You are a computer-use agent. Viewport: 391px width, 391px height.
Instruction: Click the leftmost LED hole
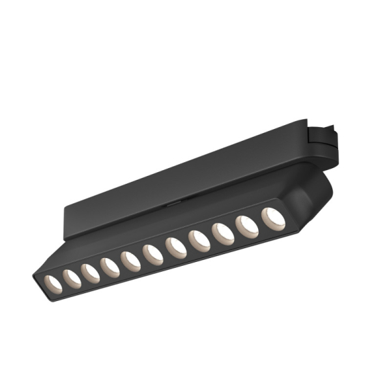pos(52,282)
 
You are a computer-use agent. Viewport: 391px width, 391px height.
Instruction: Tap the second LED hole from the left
pos(71,277)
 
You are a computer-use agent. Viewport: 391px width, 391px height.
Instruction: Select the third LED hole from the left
pos(91,272)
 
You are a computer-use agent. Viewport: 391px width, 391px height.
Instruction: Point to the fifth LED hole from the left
pos(131,260)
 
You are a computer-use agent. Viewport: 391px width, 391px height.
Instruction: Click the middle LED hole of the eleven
pos(152,254)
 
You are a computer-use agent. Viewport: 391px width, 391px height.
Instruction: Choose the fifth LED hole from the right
pos(175,248)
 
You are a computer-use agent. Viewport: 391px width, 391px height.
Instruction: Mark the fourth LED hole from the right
pos(199,240)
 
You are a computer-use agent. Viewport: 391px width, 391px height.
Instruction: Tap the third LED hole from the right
pos(223,234)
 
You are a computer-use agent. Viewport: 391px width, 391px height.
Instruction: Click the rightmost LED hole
pos(273,219)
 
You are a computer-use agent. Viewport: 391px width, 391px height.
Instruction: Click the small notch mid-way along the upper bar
pos(171,203)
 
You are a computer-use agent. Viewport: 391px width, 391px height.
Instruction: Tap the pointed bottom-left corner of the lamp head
pos(35,281)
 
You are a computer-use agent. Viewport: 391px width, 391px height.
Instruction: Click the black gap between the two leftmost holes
pos(62,280)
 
